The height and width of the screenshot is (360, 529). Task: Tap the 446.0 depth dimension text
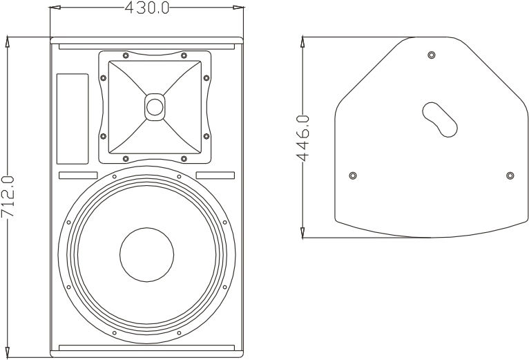point(302,138)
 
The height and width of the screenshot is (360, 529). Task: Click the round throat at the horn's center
point(154,107)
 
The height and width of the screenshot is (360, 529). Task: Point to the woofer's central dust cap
point(147,254)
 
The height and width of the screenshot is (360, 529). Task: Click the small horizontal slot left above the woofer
point(77,175)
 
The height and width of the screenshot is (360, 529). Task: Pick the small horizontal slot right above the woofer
point(215,175)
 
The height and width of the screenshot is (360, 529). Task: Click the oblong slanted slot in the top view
point(440,120)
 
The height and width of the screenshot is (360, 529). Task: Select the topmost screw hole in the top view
point(432,55)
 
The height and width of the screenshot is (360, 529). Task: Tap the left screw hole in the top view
point(353,176)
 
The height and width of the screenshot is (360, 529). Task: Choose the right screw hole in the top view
point(510,176)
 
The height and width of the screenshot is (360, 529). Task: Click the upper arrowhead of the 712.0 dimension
point(8,41)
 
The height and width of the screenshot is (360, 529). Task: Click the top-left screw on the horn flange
point(125,56)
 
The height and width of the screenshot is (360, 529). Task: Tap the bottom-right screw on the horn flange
point(184,158)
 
